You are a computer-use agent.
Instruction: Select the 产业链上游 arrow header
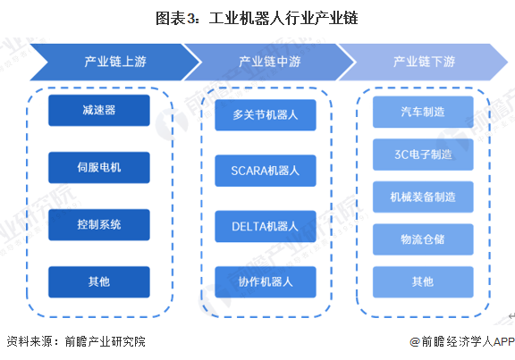(x=112, y=62)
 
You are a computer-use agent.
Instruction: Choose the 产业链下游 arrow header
(x=423, y=62)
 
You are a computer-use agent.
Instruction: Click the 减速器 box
(x=100, y=110)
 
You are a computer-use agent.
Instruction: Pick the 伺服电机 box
(x=100, y=166)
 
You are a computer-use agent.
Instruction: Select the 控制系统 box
(x=100, y=223)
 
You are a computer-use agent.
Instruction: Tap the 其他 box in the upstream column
(x=100, y=281)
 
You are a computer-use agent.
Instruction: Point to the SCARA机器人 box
(x=266, y=170)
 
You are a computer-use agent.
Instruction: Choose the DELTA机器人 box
(x=266, y=226)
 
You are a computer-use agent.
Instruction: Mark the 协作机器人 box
(x=266, y=281)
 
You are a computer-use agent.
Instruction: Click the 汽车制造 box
(x=423, y=111)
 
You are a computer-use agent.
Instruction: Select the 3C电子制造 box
(x=423, y=154)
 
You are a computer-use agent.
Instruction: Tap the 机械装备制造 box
(x=423, y=197)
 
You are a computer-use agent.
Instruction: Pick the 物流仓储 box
(x=423, y=239)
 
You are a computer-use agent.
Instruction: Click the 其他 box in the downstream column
(x=423, y=281)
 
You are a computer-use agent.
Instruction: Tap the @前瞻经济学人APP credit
(x=461, y=341)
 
